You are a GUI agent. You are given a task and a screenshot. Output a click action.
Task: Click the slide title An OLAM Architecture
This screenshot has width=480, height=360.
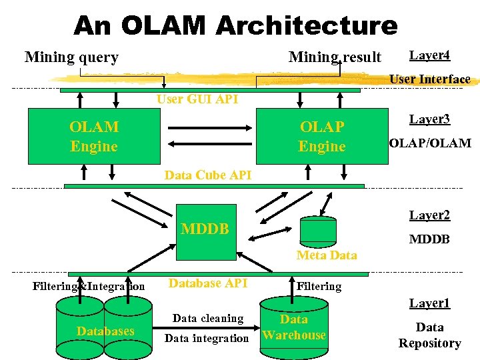(235, 25)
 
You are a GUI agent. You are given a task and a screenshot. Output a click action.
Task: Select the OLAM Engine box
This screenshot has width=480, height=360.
(93, 137)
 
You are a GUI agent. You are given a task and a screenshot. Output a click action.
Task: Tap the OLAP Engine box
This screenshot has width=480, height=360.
(322, 137)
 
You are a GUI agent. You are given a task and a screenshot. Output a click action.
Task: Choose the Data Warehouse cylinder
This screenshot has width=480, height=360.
(294, 327)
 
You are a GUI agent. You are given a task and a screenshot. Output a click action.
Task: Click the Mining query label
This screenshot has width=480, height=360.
(71, 57)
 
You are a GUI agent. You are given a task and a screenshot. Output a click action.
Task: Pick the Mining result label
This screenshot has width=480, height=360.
(335, 57)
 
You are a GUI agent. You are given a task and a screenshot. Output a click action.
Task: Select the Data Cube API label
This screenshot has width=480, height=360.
(207, 175)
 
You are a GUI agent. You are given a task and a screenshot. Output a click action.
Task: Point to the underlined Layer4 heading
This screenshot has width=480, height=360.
(429, 55)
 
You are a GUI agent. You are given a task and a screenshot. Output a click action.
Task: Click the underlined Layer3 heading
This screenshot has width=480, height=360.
(429, 119)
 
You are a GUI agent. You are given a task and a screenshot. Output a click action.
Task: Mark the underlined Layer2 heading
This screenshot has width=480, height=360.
(429, 215)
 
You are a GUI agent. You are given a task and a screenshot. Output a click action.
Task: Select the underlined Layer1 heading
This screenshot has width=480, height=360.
(429, 303)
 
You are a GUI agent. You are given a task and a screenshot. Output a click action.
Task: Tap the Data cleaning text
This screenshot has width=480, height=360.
(208, 319)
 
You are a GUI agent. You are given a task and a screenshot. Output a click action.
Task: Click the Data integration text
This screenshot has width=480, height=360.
(206, 338)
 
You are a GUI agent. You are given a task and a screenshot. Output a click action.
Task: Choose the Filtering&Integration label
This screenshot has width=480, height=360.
(89, 287)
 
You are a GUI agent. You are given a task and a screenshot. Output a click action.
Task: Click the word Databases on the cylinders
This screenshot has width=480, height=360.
(105, 331)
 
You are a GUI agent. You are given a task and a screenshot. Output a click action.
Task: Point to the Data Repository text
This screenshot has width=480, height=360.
(429, 335)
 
